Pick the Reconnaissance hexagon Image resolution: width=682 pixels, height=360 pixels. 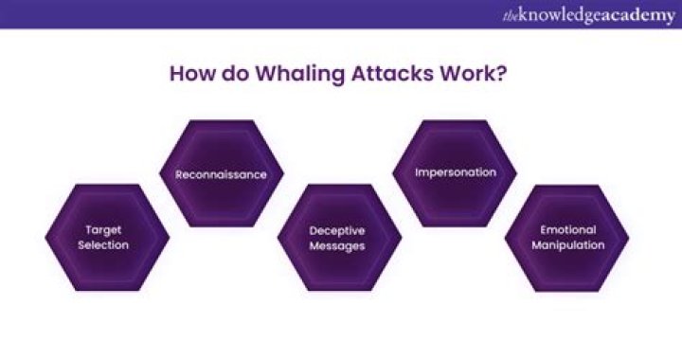[x=221, y=174]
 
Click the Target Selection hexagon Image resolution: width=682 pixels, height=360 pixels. [x=107, y=237]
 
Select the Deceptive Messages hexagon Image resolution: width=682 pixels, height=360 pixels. [x=338, y=237]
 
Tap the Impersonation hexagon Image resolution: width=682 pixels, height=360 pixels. [x=454, y=174]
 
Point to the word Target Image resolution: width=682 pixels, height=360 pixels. [x=107, y=229]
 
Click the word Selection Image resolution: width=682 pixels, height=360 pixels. [x=107, y=245]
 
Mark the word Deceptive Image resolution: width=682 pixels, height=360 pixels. [x=338, y=229]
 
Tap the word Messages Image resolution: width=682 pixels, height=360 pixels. [x=338, y=245]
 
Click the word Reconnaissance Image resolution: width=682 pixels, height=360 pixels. [x=221, y=174]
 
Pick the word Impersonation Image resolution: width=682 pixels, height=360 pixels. [x=454, y=174]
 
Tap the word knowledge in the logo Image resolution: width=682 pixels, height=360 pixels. [x=559, y=14]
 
